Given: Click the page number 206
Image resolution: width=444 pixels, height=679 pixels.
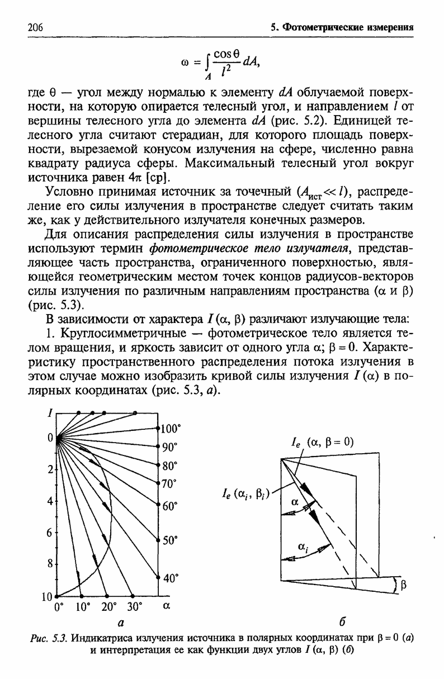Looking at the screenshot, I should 35,27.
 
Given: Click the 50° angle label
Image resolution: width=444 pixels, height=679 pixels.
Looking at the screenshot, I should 169,540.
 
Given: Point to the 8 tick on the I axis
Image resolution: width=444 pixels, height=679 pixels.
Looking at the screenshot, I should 50,564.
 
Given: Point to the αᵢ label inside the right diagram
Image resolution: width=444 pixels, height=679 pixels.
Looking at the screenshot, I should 304,548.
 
